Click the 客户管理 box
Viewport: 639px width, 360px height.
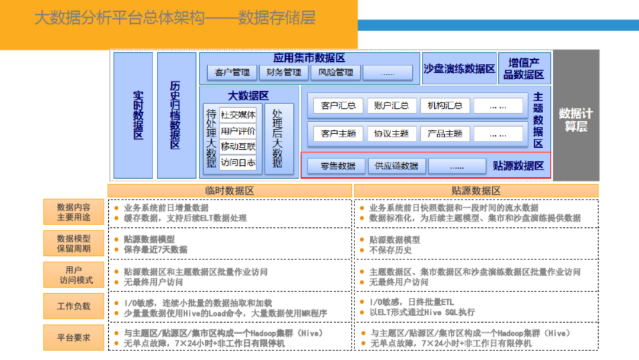tap(233, 72)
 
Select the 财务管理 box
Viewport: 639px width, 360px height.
tap(284, 72)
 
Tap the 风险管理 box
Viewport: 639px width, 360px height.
tap(335, 72)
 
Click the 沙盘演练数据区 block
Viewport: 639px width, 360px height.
tap(459, 69)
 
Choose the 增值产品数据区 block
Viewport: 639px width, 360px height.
tap(524, 69)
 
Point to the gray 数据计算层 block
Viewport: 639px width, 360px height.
tap(576, 115)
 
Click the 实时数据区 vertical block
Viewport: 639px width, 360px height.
tap(133, 115)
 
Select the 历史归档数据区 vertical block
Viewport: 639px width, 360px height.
tap(176, 115)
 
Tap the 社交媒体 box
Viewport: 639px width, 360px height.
tap(238, 115)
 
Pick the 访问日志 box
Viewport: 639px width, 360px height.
tap(238, 162)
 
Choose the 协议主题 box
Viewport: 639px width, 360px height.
tap(392, 134)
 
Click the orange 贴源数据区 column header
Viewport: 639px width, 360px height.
tap(476, 191)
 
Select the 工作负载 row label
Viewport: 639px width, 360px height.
tap(73, 306)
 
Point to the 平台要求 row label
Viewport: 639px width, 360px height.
tap(73, 337)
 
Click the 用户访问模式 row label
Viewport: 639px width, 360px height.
tap(73, 275)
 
